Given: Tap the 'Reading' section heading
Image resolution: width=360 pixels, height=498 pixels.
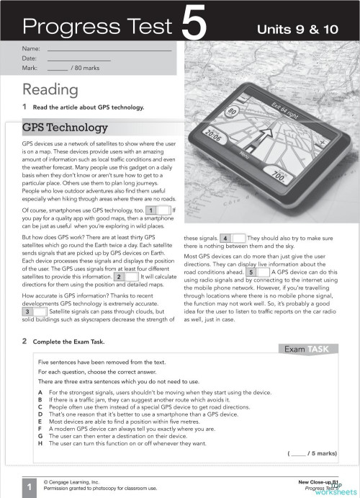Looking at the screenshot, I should pyautogui.click(x=50, y=89).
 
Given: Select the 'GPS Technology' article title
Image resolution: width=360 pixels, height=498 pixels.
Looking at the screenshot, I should pyautogui.click(x=65, y=128).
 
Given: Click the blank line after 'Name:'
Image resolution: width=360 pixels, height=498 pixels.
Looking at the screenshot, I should pyautogui.click(x=108, y=50).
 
